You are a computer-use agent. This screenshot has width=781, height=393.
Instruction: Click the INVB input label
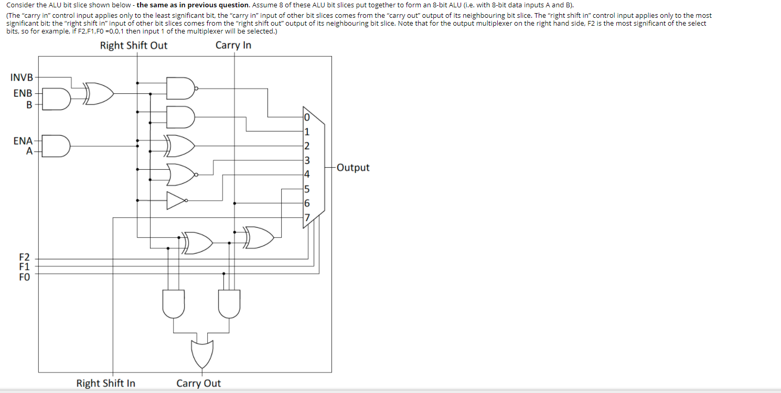[x=22, y=78]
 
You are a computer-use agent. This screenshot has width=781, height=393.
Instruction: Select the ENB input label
[x=23, y=93]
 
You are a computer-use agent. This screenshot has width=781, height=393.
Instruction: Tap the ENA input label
[x=23, y=140]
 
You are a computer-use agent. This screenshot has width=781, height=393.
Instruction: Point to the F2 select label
[x=25, y=257]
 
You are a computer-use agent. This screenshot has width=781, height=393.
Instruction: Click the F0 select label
[x=25, y=277]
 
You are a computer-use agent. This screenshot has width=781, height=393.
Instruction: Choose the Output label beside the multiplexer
[x=353, y=168]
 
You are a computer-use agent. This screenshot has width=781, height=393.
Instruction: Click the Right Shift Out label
[x=134, y=46]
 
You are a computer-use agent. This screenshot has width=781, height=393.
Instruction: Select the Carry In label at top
[x=233, y=46]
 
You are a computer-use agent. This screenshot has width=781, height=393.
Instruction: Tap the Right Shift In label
[x=105, y=383]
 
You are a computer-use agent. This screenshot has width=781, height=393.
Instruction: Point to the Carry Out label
[x=199, y=383]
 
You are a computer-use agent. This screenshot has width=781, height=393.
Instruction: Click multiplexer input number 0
[x=307, y=117]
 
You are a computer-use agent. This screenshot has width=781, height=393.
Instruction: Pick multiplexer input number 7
[x=307, y=217]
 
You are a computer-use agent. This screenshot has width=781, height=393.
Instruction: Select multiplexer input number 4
[x=307, y=174]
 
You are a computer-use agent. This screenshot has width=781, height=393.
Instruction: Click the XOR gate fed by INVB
[x=99, y=93]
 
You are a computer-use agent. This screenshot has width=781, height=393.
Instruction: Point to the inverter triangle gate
[x=176, y=200]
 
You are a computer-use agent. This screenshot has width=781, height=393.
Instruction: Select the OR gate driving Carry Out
[x=202, y=354]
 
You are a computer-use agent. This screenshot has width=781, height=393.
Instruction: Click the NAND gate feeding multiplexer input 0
[x=180, y=89]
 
